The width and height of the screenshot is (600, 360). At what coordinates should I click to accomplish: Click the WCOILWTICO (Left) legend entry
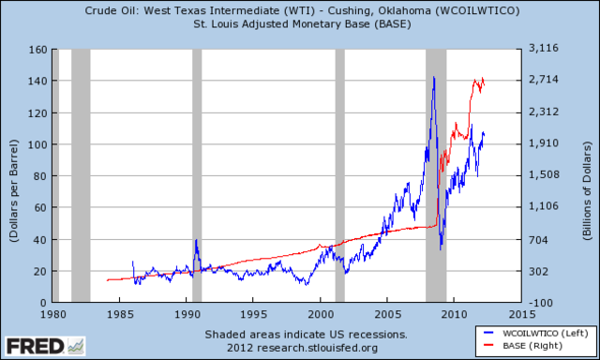pos(533,334)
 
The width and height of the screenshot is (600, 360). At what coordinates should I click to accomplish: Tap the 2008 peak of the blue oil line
pos(433,78)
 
